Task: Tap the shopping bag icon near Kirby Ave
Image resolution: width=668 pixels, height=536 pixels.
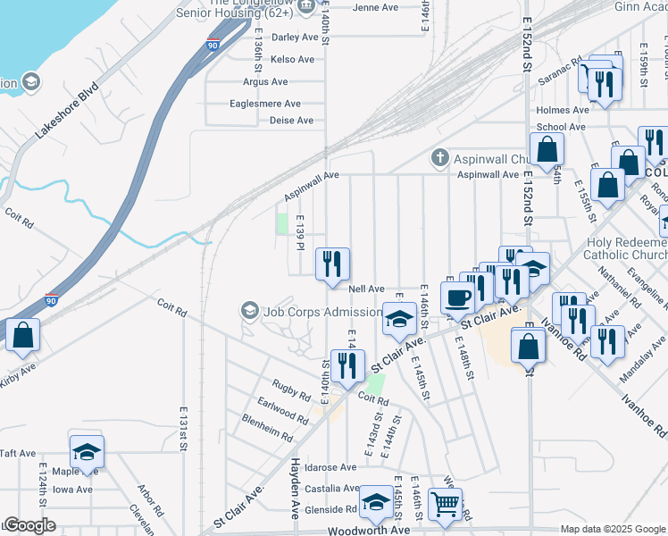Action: click(x=23, y=335)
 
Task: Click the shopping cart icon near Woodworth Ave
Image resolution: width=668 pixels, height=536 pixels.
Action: click(x=445, y=503)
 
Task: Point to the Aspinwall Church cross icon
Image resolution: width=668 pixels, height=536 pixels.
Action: click(x=438, y=159)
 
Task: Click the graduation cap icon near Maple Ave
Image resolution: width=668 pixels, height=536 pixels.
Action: click(x=87, y=450)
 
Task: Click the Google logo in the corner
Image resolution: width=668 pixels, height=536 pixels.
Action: click(x=29, y=525)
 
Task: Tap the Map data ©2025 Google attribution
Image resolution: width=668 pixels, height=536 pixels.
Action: click(x=614, y=529)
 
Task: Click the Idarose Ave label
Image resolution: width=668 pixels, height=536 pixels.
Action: click(x=330, y=467)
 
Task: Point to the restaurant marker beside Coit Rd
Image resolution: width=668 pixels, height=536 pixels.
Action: click(x=347, y=365)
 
